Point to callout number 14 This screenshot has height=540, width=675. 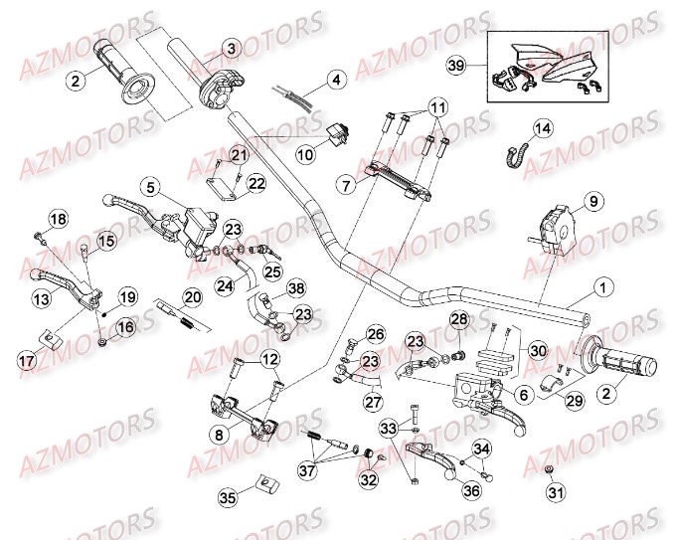pos(542,128)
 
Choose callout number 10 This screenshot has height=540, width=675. pos(304,153)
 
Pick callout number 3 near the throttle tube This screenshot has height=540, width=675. pos(230,48)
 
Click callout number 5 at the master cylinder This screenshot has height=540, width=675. pos(149,186)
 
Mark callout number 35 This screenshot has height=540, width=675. pos(227,493)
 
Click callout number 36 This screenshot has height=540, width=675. pos(443,489)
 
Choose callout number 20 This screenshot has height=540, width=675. pos(193,295)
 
